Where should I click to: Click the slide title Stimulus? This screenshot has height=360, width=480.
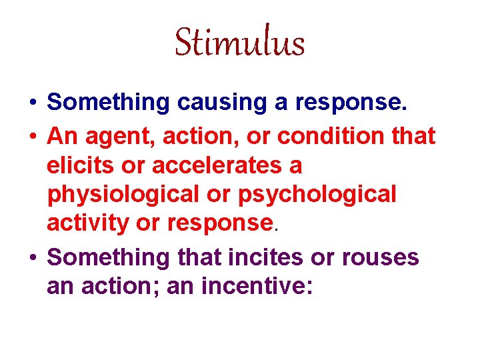(x=239, y=43)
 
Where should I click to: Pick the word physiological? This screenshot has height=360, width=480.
(x=120, y=194)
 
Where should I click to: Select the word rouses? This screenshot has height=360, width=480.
(x=377, y=257)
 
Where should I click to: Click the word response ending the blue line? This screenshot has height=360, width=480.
(x=355, y=103)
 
